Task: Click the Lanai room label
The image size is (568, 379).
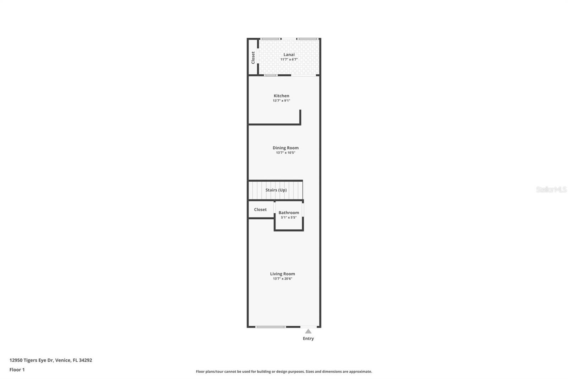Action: [289, 54]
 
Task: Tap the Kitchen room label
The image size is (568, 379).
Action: [281, 96]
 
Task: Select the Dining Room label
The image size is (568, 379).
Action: [285, 148]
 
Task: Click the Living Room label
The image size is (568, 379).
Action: [282, 274]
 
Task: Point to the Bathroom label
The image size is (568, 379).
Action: [289, 213]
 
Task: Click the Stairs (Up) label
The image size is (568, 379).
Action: [276, 190]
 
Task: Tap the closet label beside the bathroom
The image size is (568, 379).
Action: [260, 209]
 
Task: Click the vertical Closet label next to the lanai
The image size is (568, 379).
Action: [253, 58]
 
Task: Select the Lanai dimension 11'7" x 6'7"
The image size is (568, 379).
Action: [289, 60]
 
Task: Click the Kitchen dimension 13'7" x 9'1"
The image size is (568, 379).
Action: [281, 101]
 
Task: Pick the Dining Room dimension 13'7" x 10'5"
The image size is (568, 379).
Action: [285, 153]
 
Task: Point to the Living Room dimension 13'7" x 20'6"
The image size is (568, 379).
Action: [282, 279]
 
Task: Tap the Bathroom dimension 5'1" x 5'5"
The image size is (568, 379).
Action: [289, 218]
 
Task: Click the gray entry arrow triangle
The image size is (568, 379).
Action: [308, 331]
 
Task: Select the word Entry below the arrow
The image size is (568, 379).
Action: [308, 338]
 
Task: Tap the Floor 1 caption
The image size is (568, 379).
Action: [17, 370]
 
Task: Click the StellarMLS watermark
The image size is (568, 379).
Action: [551, 189]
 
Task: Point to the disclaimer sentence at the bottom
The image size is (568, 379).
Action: [284, 372]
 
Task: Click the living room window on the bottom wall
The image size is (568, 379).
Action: [271, 327]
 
